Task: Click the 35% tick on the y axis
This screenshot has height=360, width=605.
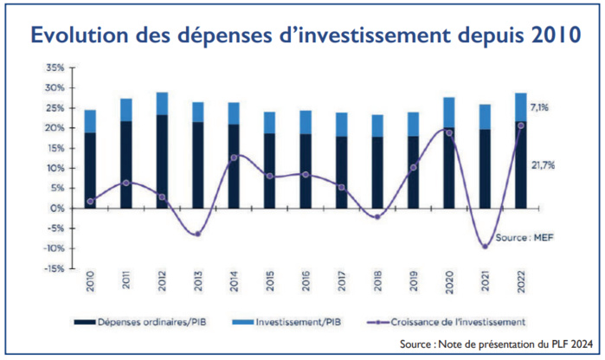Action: (x=55, y=67)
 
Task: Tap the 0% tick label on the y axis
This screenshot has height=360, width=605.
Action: (x=56, y=208)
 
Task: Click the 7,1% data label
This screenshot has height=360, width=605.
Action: (x=540, y=107)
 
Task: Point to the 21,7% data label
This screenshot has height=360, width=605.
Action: (x=543, y=164)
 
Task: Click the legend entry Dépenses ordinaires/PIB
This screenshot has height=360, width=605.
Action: (x=151, y=321)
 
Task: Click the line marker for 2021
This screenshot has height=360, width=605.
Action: (x=485, y=246)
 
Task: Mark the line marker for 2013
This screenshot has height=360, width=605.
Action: (x=198, y=234)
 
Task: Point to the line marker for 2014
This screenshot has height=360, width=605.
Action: (x=234, y=157)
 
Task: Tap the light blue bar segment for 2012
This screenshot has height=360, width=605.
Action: (x=162, y=103)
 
